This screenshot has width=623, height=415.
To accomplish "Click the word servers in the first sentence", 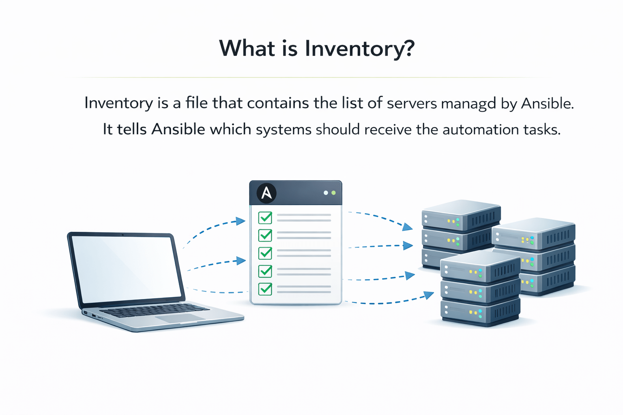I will tap(412, 104).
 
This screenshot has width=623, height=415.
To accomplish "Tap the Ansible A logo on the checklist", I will tap(266, 193).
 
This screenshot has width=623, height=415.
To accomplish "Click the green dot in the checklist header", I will tap(333, 193).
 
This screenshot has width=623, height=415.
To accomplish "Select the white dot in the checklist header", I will tap(326, 193).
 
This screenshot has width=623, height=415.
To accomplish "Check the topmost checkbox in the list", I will tap(265, 218).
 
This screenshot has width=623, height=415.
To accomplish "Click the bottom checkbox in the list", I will tap(265, 289).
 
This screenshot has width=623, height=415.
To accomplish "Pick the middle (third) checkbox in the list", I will tap(265, 253).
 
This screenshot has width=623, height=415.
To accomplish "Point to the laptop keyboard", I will tap(154, 311).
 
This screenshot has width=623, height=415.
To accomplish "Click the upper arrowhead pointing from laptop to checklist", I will tap(241, 221).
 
